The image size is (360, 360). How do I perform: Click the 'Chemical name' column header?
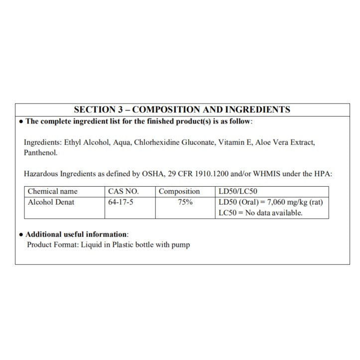pos(53,191)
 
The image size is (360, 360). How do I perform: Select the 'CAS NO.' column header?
pos(123,191)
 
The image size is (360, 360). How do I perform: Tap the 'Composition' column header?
pos(179,191)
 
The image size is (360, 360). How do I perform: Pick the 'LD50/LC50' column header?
pos(238,191)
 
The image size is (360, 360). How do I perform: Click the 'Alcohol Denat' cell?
pos(51,202)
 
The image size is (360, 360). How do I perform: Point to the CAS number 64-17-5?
pos(120,202)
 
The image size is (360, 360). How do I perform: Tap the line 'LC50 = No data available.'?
pos(260,213)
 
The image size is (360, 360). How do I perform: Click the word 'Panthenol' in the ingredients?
pos(40,152)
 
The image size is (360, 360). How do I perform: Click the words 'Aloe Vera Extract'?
pos(285,142)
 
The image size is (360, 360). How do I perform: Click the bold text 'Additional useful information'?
pos(77,234)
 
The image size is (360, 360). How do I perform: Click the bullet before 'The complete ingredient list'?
pos(20,121)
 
